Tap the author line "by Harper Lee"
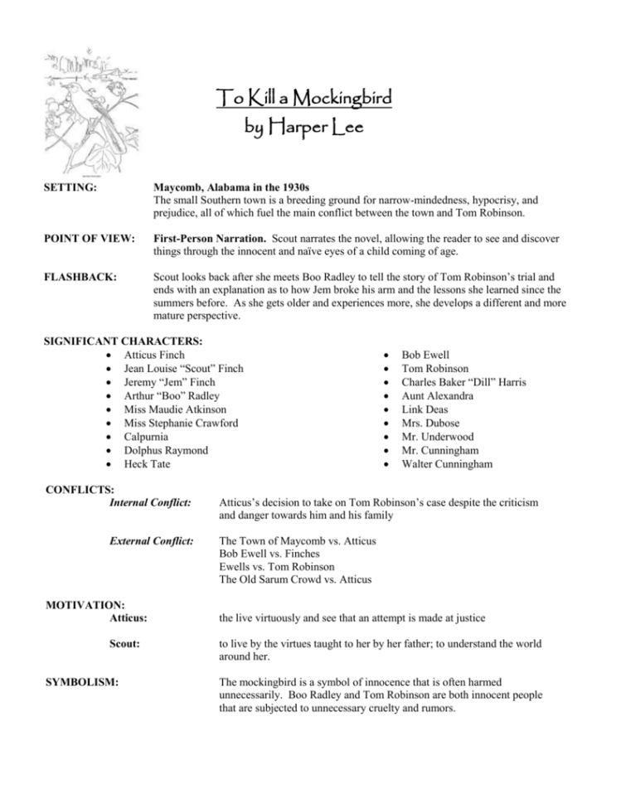(300, 130)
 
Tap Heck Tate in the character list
(147, 463)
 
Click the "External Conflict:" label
(152, 540)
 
